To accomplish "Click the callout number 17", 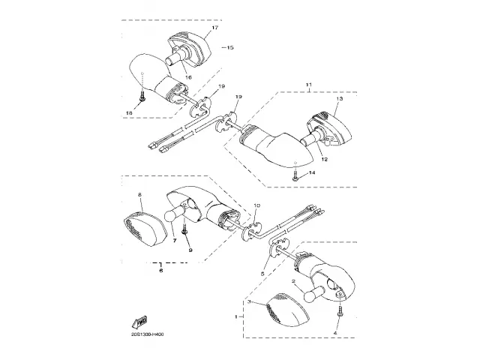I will (x=214, y=28).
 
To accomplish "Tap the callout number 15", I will (x=229, y=47).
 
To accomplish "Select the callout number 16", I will (x=187, y=77).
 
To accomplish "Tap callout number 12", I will (x=325, y=158).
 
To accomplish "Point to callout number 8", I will (x=139, y=195).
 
